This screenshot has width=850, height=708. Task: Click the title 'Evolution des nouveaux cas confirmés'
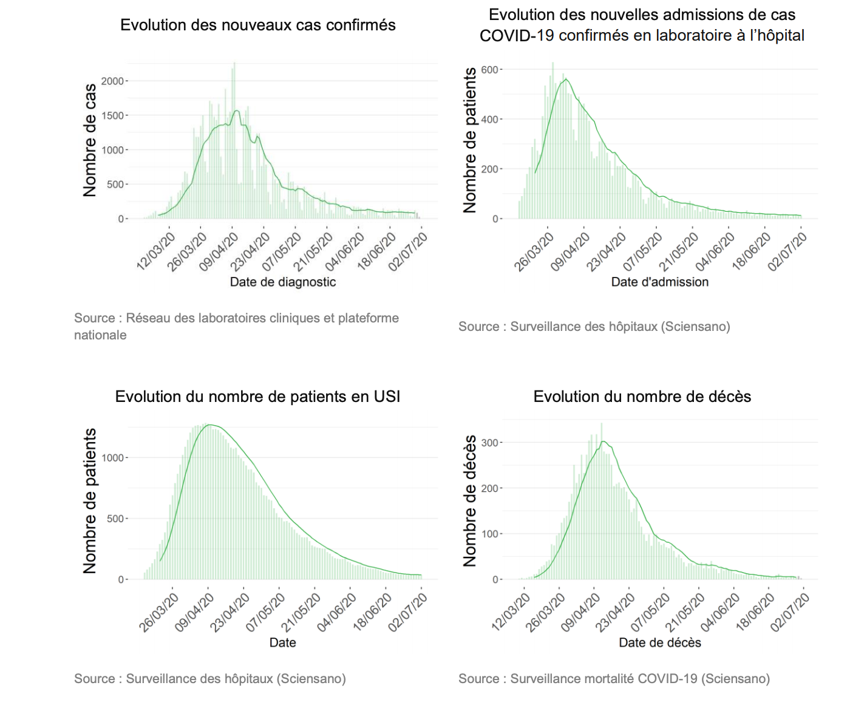coord(257,25)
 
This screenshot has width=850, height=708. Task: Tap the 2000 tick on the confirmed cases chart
coord(112,81)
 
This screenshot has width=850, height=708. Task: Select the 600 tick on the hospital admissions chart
coord(489,70)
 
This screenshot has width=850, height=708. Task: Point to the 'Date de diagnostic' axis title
coord(282,282)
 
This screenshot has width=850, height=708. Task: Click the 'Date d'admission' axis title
coord(659,282)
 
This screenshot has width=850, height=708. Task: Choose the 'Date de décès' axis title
coord(659,642)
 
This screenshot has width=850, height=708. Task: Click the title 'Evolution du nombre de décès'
coord(642,397)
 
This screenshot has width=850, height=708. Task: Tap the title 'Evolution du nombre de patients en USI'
coord(257,397)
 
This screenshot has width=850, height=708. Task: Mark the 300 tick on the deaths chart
coord(489,443)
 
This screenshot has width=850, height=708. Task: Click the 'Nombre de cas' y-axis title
coord(90,140)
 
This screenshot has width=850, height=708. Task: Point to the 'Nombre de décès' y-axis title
coord(470,501)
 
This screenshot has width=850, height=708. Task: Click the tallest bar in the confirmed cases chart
coord(234,140)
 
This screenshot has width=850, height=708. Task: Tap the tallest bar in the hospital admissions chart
coord(552,140)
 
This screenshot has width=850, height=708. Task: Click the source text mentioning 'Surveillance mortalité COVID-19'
coord(614,678)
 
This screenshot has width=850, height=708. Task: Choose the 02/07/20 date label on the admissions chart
coord(788,251)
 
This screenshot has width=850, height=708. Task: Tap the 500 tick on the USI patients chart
coord(115,519)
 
